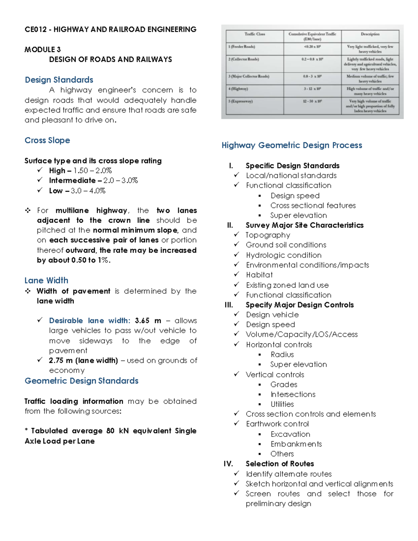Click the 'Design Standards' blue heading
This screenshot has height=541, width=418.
pos(59,80)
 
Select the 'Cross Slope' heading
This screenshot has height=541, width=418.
pos(47,140)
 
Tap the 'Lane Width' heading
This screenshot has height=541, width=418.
pos(46,280)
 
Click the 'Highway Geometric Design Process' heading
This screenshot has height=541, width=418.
pos(292,145)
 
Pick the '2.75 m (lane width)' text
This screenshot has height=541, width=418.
pos(83,361)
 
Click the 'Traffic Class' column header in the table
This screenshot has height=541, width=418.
pos(255,34)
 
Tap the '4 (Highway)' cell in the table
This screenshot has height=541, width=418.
pos(238,89)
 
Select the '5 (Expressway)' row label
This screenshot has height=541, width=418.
pos(240,101)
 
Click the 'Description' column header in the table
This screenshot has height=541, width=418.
pos(370,34)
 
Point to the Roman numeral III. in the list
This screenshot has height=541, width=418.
pos(229,305)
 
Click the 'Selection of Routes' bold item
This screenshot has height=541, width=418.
pos(280,464)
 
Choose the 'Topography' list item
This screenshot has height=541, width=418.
pos(268,235)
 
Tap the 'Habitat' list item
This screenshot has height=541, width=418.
pos(259,275)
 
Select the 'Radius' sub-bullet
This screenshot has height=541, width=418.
pos(282,355)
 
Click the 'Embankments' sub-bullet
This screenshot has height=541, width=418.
pos(296,444)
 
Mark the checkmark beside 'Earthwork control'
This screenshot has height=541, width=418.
pos(237,424)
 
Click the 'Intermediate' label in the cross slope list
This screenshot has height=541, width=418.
pos(72,180)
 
